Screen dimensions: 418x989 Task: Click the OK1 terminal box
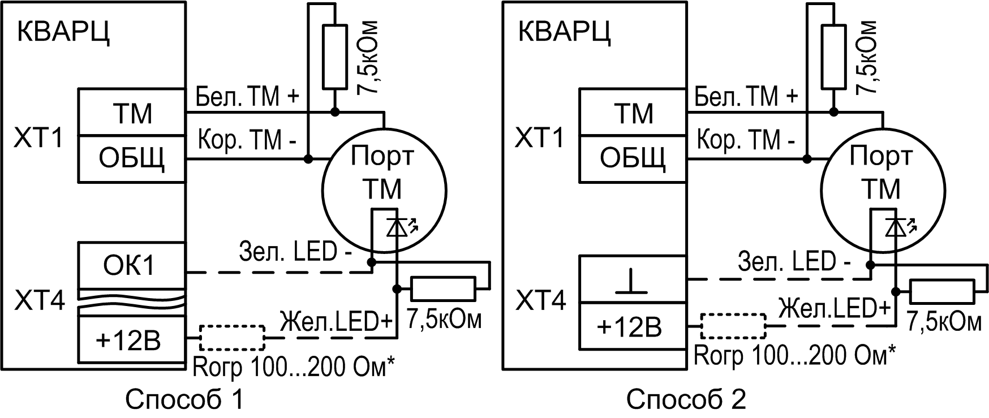[x=131, y=265]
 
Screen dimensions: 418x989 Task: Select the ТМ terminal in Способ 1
[x=131, y=113]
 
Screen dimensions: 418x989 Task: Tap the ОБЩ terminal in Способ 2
[x=633, y=159]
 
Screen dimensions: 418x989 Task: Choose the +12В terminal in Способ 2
[x=633, y=327]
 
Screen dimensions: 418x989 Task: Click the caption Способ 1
[x=184, y=400]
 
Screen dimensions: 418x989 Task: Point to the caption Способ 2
[x=686, y=400]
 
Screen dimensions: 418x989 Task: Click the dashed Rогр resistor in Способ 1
[x=232, y=338]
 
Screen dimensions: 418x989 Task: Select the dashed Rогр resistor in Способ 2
[x=733, y=326]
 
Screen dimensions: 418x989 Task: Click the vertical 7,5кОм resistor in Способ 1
[x=335, y=57]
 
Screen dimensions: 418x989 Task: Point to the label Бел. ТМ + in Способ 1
[x=247, y=97]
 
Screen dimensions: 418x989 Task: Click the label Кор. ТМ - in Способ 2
[x=746, y=139]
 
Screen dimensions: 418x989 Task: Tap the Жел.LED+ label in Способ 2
[x=833, y=308]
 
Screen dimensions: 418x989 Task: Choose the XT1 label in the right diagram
[x=539, y=138]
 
